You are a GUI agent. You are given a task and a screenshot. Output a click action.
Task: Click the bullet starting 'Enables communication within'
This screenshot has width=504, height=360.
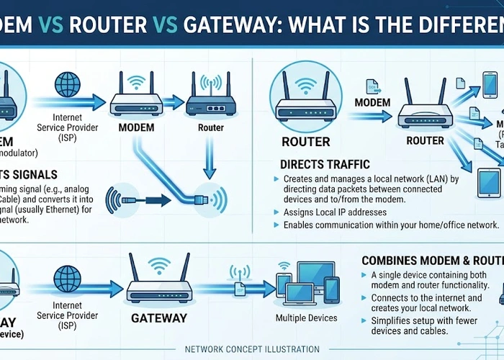pos(391,225)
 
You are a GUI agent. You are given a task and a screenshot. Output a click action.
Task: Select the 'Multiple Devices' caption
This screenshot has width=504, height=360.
pos(306,318)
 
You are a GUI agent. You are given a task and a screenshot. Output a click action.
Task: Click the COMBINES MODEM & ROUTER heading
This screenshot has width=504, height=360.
pos(432,261)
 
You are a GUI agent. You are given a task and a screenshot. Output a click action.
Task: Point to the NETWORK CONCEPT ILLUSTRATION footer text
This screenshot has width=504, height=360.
pos(252,349)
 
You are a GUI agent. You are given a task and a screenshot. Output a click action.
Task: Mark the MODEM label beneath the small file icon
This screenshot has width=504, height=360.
pos(373,103)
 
